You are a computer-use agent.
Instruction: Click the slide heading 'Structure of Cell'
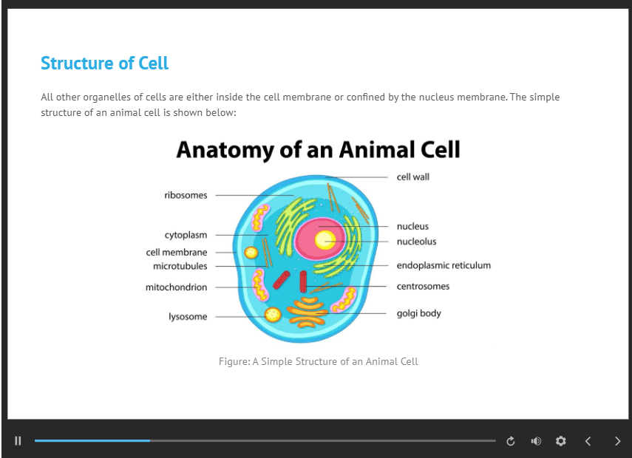point(104,64)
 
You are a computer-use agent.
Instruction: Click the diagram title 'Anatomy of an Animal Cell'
point(318,150)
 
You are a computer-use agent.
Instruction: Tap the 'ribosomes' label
point(186,195)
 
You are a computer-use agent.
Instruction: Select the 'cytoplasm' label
point(186,235)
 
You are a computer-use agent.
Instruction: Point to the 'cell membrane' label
point(177,252)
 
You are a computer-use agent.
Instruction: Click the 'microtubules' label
point(180,266)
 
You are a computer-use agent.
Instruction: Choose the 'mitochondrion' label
point(177,287)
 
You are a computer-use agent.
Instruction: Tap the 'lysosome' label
point(188,317)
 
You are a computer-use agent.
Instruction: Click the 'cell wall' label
point(413,177)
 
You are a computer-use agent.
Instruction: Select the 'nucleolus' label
point(416,242)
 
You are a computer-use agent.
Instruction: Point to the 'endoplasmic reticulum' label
point(444,265)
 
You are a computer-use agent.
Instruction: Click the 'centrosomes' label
point(423,287)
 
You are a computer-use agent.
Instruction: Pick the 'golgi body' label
point(419,313)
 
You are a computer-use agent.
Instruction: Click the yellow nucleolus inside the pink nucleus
point(325,241)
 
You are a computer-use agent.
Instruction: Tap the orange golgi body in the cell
point(308,312)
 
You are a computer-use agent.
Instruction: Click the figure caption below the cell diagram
point(318,361)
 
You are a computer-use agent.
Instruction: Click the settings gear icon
point(560,441)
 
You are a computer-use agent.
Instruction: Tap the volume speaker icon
point(536,441)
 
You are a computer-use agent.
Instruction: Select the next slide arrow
point(617,441)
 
